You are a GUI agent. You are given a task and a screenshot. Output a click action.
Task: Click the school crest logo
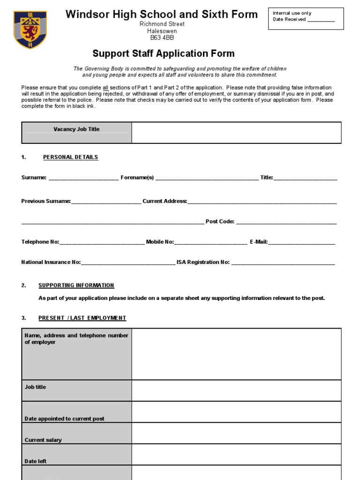click(30, 30)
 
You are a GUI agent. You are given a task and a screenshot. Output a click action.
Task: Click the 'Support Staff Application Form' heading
click(163, 53)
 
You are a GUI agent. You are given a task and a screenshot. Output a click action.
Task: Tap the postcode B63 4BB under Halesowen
click(162, 38)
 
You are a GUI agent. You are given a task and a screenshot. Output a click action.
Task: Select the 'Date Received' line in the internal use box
click(304, 20)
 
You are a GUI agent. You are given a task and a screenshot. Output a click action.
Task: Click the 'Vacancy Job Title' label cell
click(76, 129)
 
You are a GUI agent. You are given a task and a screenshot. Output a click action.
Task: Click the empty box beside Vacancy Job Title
click(236, 132)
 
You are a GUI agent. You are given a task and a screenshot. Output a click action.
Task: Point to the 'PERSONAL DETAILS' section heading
click(70, 157)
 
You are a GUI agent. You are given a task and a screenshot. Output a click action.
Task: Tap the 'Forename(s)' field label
click(137, 178)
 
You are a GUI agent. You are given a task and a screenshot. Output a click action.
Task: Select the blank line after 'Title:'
click(305, 178)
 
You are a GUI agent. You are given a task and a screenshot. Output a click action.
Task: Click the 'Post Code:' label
click(220, 222)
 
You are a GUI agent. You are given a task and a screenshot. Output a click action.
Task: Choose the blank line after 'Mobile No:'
click(210, 242)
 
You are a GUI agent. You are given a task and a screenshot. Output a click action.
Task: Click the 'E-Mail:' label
click(259, 242)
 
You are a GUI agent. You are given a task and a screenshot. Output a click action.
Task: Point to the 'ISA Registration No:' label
click(203, 262)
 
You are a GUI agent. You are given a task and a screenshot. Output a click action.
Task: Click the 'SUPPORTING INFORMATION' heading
click(76, 285)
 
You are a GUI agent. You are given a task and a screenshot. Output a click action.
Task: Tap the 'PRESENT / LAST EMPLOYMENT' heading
click(82, 318)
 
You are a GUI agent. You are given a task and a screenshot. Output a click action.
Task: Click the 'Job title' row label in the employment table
click(35, 387)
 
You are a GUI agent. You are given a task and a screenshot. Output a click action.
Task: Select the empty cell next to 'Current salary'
click(236, 433)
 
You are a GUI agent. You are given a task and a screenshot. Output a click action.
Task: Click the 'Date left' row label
click(35, 461)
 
